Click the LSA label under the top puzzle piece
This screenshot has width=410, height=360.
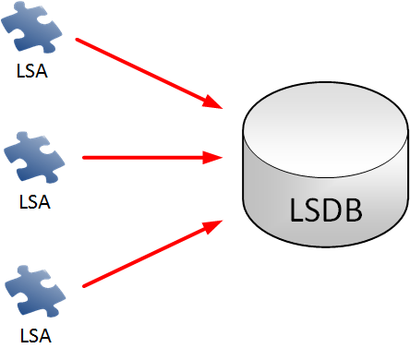[x=32, y=70]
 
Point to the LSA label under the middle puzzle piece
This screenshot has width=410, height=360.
[x=32, y=199]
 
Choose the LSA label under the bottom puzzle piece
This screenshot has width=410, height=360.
[x=32, y=331]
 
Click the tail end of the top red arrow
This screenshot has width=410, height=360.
[x=77, y=40]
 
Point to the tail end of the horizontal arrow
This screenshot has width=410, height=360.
[x=84, y=158]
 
